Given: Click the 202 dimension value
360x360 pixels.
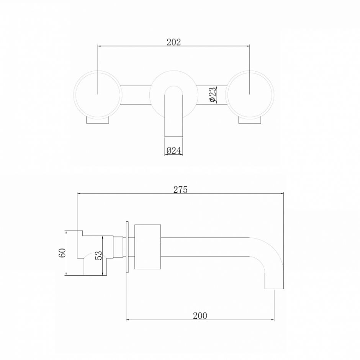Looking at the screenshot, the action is pos(173,42).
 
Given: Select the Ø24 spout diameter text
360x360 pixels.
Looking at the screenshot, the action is pos(173,151).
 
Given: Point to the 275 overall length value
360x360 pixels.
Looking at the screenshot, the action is pos(180,190).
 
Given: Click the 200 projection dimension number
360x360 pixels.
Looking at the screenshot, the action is pos(200,316).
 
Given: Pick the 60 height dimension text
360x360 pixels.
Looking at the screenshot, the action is pos(62,253).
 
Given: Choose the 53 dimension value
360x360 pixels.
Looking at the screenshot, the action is pos(98,255).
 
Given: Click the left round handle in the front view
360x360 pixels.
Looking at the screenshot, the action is pos(98,95).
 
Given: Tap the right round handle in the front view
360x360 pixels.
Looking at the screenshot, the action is pos(250,95).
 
